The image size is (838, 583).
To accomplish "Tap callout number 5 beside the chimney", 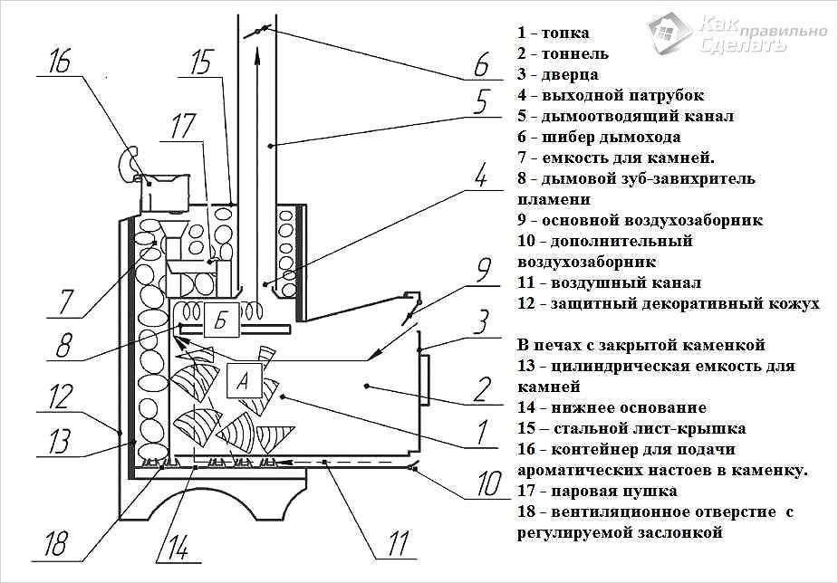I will point(481,98).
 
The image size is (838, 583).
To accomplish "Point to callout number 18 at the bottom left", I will point(56,544).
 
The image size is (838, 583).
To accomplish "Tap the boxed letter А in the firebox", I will point(242,381).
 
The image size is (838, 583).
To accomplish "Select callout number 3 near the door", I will point(482,320).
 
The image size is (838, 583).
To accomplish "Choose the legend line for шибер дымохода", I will point(599,137).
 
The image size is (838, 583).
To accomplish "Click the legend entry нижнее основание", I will point(612,407).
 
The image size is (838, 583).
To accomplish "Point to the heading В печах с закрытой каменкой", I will point(641,345).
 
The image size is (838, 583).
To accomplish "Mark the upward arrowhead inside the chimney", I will point(256,53).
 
